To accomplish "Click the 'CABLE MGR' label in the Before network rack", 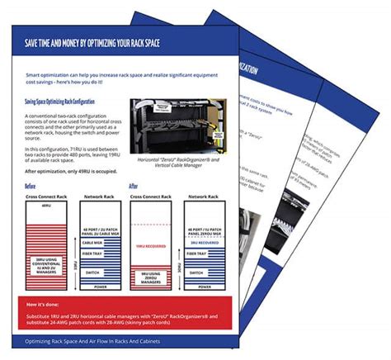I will point(105,244).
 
